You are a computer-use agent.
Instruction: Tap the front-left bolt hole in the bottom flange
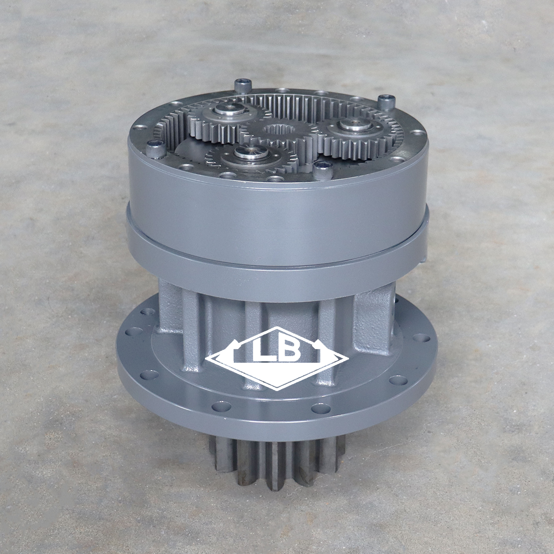221,406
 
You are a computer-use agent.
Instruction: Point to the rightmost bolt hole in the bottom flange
421,338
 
